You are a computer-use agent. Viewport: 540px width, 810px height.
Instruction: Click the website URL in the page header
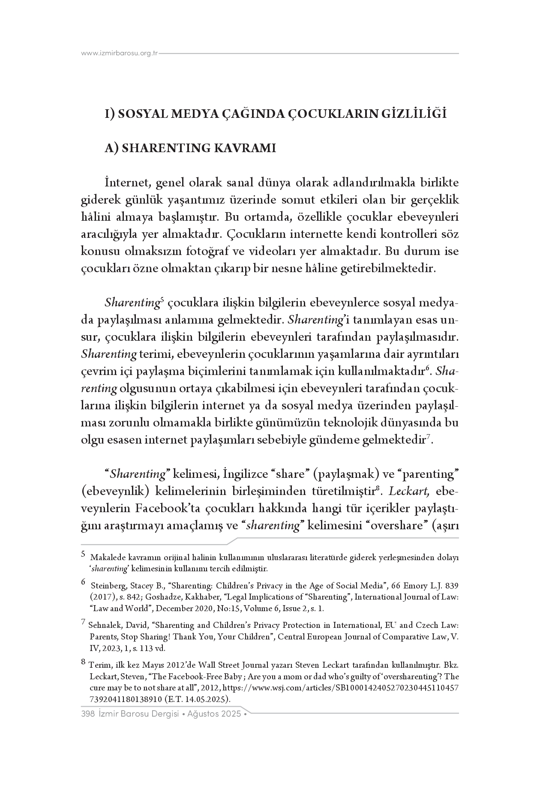pyautogui.click(x=120, y=53)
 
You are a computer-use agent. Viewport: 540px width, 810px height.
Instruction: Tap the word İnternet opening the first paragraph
pyautogui.click(x=127, y=183)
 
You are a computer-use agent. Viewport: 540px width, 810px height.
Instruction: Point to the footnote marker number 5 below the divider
pyautogui.click(x=84, y=554)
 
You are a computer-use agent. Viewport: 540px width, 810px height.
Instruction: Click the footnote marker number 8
pyautogui.click(x=84, y=662)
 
